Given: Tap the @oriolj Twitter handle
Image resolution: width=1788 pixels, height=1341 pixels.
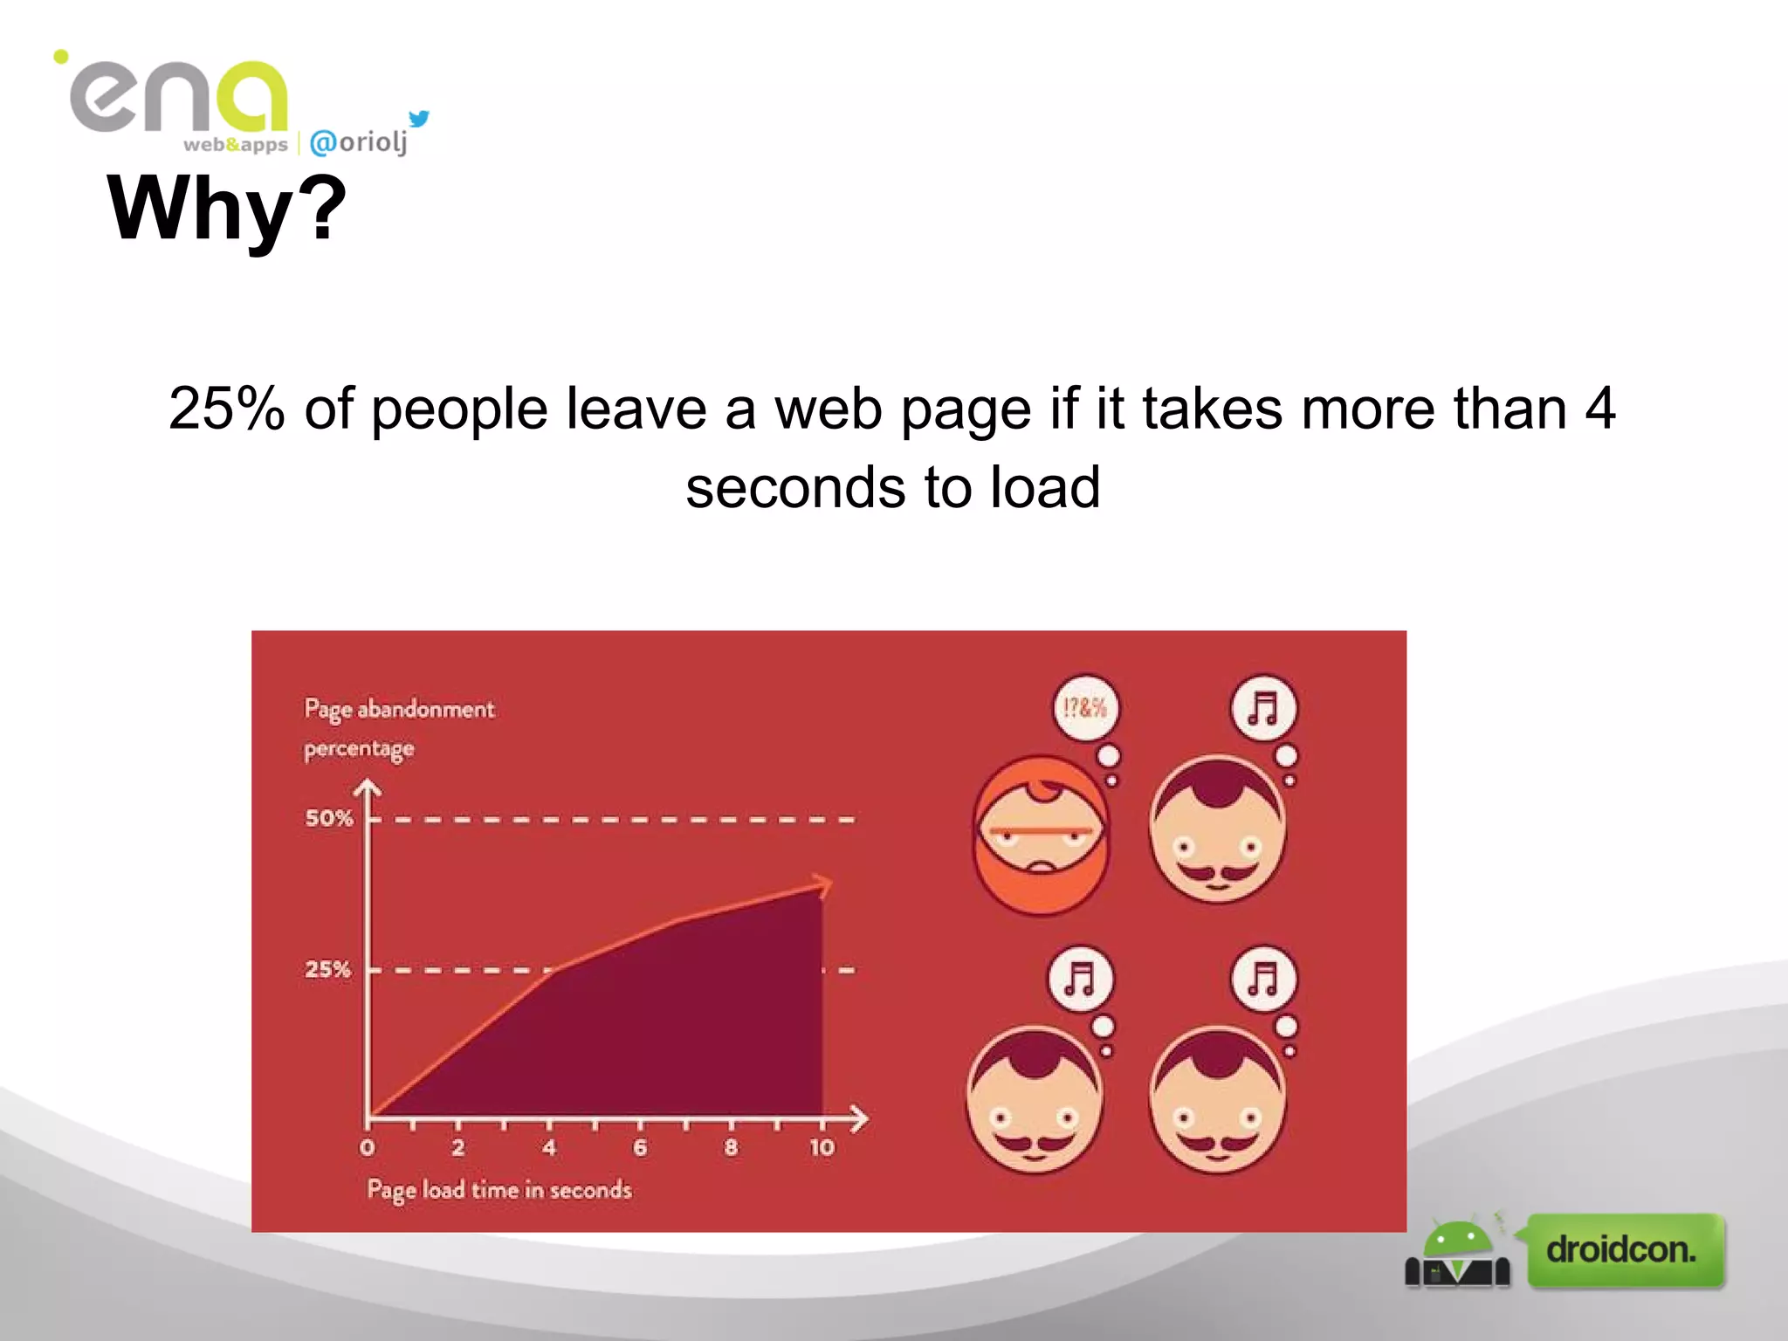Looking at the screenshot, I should tap(359, 141).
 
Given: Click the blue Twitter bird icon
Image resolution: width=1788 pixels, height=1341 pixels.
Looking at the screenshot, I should tap(419, 118).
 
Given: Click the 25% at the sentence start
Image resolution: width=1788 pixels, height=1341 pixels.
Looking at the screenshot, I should tap(226, 408).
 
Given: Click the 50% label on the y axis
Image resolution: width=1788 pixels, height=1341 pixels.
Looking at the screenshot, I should tap(328, 818).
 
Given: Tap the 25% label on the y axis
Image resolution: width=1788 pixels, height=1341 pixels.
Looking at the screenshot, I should tap(327, 969).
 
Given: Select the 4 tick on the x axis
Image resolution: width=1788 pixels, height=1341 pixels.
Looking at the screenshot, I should tap(549, 1147).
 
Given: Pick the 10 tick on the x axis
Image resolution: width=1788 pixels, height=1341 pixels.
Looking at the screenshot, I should tap(822, 1147).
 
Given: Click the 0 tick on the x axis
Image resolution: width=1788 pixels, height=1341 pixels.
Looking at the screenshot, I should tap(368, 1147).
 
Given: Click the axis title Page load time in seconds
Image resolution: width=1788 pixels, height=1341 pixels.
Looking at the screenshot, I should tap(499, 1190).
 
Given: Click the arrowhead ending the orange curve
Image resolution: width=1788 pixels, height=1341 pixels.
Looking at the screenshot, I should tap(822, 884).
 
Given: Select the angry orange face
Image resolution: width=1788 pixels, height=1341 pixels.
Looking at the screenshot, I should tap(1040, 835).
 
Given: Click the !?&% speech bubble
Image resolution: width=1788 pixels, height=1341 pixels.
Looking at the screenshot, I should tap(1085, 707).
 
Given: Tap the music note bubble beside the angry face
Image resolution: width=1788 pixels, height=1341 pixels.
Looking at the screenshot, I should tap(1263, 708).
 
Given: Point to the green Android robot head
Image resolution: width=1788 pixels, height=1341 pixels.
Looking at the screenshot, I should tap(1456, 1237).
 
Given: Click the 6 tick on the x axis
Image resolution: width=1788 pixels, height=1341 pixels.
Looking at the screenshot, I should tap(640, 1147).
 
